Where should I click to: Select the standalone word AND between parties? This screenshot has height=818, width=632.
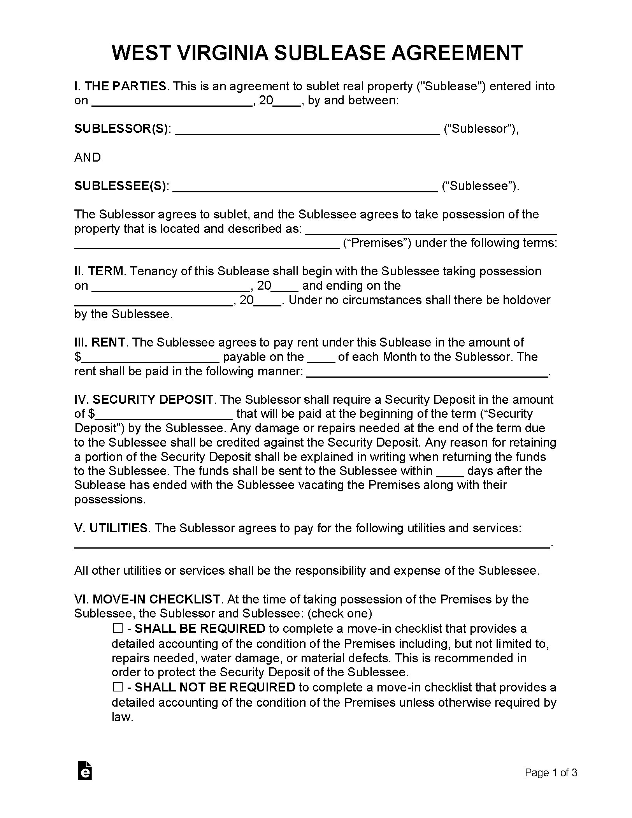click(88, 157)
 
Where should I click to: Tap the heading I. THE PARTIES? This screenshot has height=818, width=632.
click(120, 86)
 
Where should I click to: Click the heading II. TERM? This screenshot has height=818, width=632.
click(99, 271)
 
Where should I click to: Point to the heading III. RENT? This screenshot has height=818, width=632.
click(100, 342)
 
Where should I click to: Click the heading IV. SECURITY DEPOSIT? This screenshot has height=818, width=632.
click(144, 399)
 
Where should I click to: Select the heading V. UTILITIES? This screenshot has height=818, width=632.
click(111, 528)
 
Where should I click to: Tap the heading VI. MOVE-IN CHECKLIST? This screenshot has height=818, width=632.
click(147, 599)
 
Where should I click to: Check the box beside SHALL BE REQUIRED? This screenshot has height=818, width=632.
click(118, 628)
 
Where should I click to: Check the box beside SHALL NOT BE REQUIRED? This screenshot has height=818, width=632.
click(118, 687)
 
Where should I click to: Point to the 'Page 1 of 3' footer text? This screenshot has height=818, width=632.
click(551, 773)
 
